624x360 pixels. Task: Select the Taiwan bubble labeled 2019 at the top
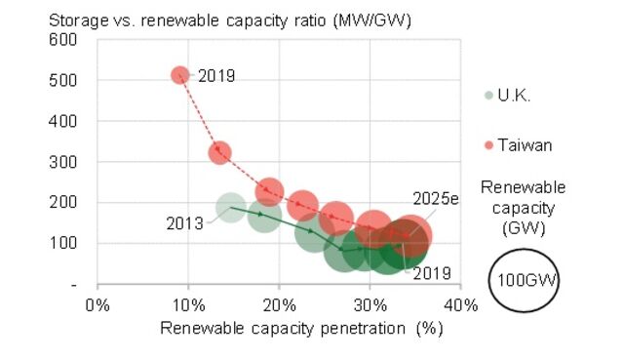pos(180,75)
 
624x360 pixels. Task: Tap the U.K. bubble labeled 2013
pos(230,207)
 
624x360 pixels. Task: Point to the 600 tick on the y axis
pos(63,40)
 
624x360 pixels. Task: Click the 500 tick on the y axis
pos(63,81)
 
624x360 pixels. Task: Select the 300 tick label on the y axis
pos(63,162)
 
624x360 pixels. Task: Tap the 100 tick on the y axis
pos(63,243)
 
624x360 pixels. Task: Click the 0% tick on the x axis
pos(97,304)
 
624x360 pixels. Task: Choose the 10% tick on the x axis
pos(188,304)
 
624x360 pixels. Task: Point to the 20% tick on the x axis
pos(279,304)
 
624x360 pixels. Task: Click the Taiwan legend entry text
pos(525,145)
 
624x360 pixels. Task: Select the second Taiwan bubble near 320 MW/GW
pos(219,152)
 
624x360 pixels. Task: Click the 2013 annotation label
pos(183,222)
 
